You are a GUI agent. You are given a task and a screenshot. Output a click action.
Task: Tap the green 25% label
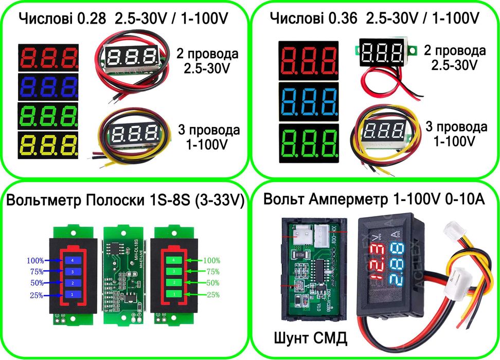click(x=212, y=295)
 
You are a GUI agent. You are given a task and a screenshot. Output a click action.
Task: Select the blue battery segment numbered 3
click(x=73, y=272)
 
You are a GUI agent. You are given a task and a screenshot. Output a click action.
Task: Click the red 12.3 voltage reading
click(x=377, y=256)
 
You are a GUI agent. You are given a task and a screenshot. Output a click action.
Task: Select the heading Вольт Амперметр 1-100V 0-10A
click(x=374, y=200)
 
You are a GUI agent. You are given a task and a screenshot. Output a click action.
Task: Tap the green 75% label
click(x=212, y=272)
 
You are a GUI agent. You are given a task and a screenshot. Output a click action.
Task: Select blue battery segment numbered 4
click(x=73, y=260)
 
